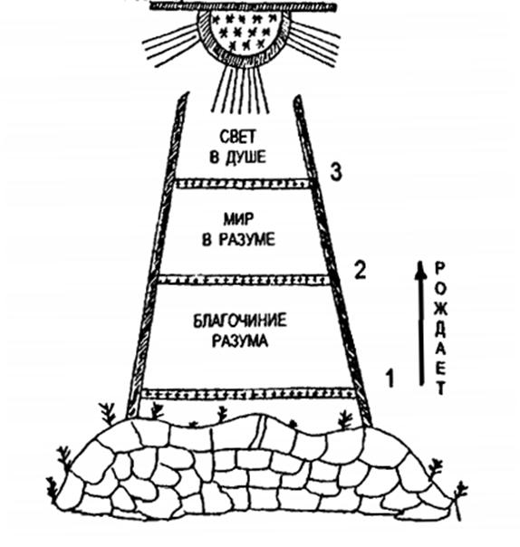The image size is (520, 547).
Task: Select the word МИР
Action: (x=238, y=219)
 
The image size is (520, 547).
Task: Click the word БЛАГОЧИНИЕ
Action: (x=240, y=321)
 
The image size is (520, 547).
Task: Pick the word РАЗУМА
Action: (x=240, y=341)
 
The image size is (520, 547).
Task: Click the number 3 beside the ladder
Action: (x=336, y=172)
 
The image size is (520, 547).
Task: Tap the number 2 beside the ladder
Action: (x=361, y=271)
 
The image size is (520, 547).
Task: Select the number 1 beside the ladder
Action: (x=390, y=379)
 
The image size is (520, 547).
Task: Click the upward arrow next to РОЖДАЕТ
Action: (x=421, y=323)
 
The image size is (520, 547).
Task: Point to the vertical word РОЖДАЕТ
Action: (x=441, y=329)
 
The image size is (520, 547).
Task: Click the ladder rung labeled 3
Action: (x=244, y=184)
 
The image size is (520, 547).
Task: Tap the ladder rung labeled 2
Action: (x=244, y=280)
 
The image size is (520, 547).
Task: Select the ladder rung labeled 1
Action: (x=248, y=394)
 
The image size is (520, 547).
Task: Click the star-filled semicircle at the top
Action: (x=244, y=36)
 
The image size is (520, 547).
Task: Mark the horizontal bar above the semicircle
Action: (x=244, y=6)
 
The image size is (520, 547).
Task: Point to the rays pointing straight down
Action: (x=241, y=89)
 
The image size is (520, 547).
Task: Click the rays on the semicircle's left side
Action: (x=171, y=44)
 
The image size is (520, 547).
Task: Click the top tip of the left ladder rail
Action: (x=186, y=93)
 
